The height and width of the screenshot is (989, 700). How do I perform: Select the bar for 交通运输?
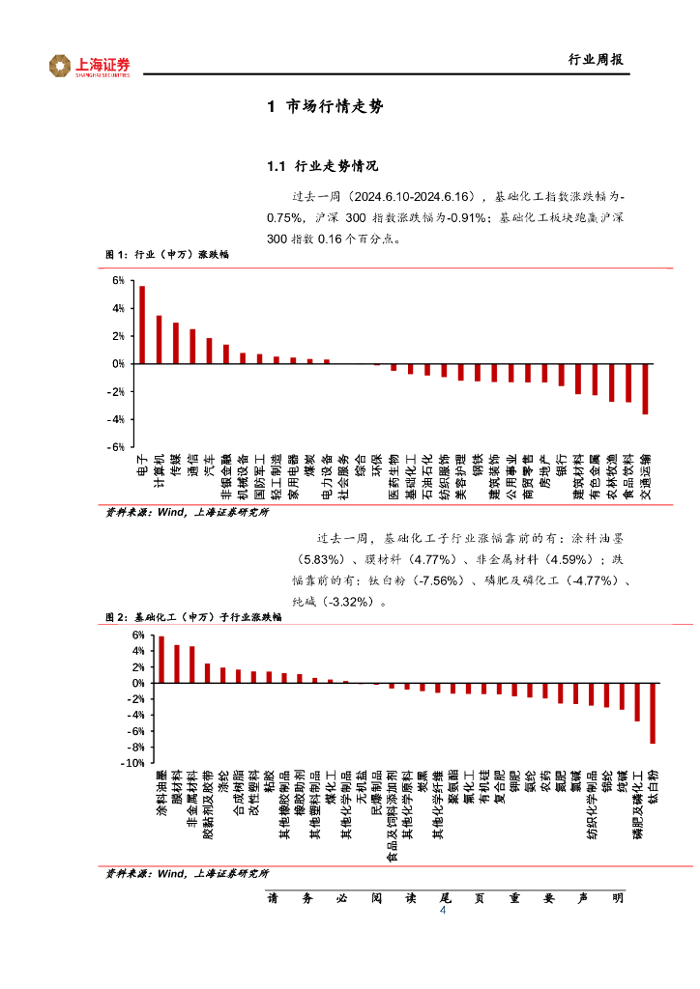(645, 388)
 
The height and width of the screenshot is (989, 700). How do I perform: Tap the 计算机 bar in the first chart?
(159, 339)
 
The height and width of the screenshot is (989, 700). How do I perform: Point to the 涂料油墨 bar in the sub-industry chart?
(160, 660)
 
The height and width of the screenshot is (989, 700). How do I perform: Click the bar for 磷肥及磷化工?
(637, 701)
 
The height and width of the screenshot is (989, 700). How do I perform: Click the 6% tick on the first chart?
(118, 280)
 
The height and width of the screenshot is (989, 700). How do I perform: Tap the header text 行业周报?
(594, 60)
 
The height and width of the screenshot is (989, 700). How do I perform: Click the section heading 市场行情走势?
(325, 107)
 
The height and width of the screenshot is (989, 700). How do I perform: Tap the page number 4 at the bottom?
(443, 911)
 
